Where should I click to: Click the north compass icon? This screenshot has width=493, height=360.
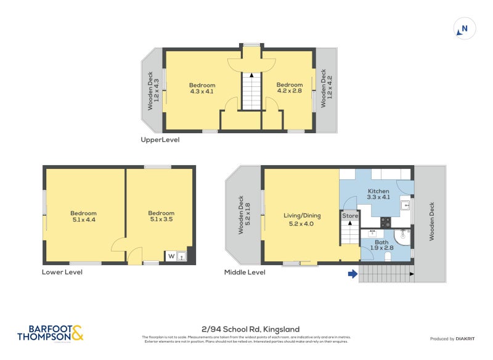[464, 28]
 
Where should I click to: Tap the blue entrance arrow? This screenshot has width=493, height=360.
[352, 274]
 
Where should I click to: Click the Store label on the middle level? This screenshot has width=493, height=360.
[350, 216]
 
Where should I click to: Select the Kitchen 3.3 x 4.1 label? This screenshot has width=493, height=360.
[378, 195]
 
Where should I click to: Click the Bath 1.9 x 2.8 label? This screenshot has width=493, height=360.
[382, 246]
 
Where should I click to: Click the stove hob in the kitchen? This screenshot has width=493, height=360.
[386, 222]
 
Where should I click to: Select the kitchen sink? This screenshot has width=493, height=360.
[406, 206]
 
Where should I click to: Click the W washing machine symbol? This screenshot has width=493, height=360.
[170, 256]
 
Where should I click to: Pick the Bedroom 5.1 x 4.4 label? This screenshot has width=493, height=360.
[83, 216]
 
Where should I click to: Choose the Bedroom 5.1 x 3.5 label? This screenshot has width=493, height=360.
[161, 216]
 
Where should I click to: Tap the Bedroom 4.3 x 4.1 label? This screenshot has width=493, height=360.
[202, 88]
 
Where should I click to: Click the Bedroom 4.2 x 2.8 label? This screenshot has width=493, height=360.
[289, 88]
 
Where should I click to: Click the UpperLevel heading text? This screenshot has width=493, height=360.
[160, 140]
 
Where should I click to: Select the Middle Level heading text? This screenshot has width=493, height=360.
[245, 272]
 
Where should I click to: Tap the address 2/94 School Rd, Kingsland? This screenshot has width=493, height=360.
[246, 329]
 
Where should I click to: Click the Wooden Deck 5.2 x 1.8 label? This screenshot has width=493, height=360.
[243, 216]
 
